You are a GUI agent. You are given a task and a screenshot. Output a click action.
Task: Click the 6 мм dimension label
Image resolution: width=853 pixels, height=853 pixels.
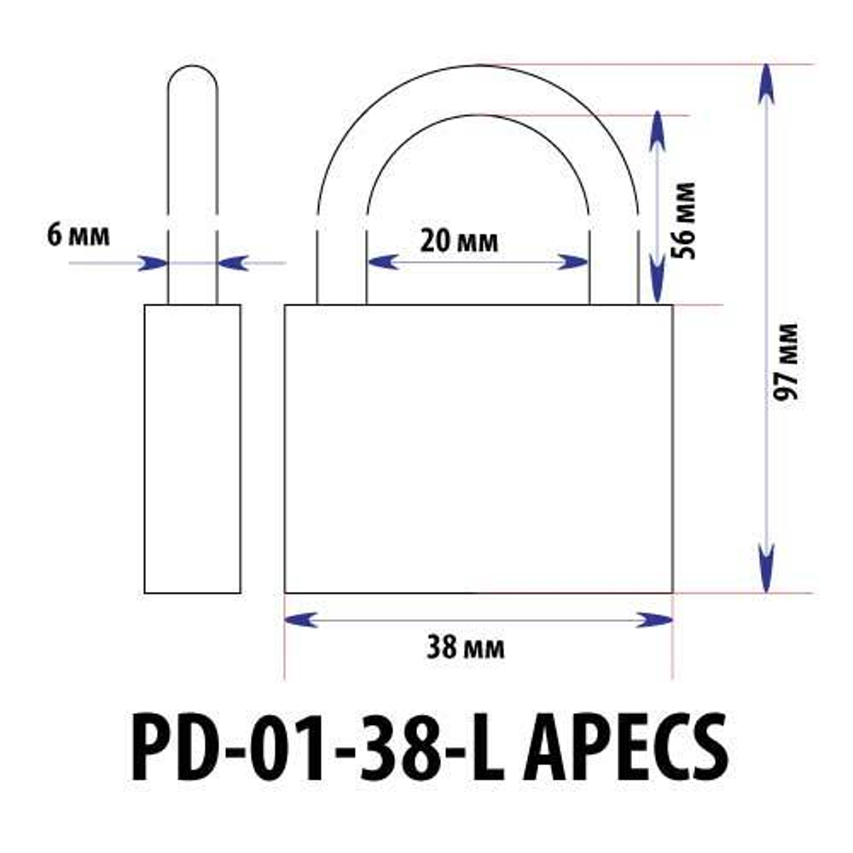78,235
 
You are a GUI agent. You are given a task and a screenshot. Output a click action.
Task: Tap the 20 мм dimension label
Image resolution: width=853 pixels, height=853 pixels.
460,241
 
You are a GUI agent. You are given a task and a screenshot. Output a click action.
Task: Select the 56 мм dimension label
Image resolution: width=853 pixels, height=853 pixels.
685,220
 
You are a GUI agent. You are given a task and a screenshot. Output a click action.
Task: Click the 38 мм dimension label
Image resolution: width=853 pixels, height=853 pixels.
466,648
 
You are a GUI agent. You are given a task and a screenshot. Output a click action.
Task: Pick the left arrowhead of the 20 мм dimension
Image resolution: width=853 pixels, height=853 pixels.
382,262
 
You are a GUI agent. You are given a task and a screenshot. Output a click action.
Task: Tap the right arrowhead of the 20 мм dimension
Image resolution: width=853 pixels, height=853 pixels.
573,262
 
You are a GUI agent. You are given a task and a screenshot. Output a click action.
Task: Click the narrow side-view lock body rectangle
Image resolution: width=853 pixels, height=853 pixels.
192,448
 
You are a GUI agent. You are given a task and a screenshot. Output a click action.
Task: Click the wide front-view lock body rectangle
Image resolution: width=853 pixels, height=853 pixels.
478,448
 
